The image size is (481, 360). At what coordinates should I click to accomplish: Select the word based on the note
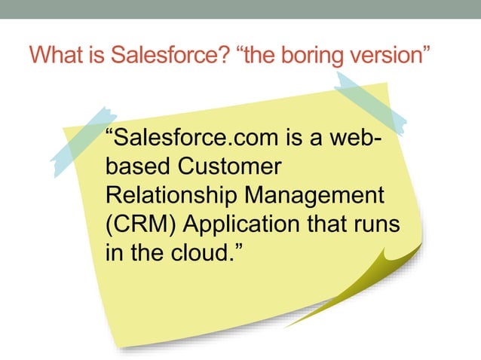130,167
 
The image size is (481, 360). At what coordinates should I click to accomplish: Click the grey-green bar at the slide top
240,9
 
